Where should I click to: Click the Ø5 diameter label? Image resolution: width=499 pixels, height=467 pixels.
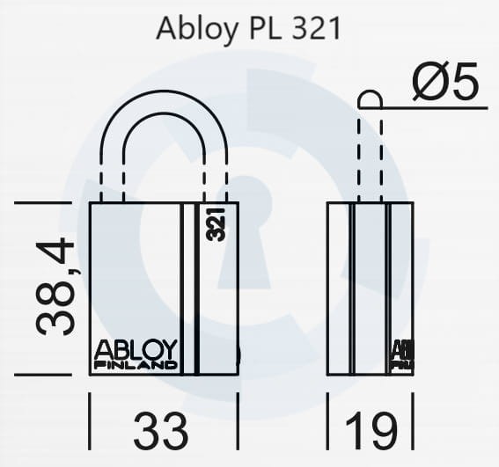[x=444, y=84]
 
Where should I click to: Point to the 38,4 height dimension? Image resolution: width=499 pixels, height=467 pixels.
[x=55, y=288]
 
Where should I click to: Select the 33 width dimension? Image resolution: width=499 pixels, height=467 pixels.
[x=161, y=431]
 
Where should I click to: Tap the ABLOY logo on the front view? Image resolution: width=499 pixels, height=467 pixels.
[x=136, y=349]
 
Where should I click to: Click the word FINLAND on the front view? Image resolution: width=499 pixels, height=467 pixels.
[x=136, y=364]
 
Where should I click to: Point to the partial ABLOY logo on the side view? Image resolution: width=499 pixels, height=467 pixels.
[x=402, y=354]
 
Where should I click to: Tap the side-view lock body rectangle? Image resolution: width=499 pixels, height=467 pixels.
[x=370, y=288]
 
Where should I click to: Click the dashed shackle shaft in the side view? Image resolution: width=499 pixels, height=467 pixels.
[x=370, y=158]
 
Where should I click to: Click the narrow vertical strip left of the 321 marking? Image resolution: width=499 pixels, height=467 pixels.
[x=188, y=288]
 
